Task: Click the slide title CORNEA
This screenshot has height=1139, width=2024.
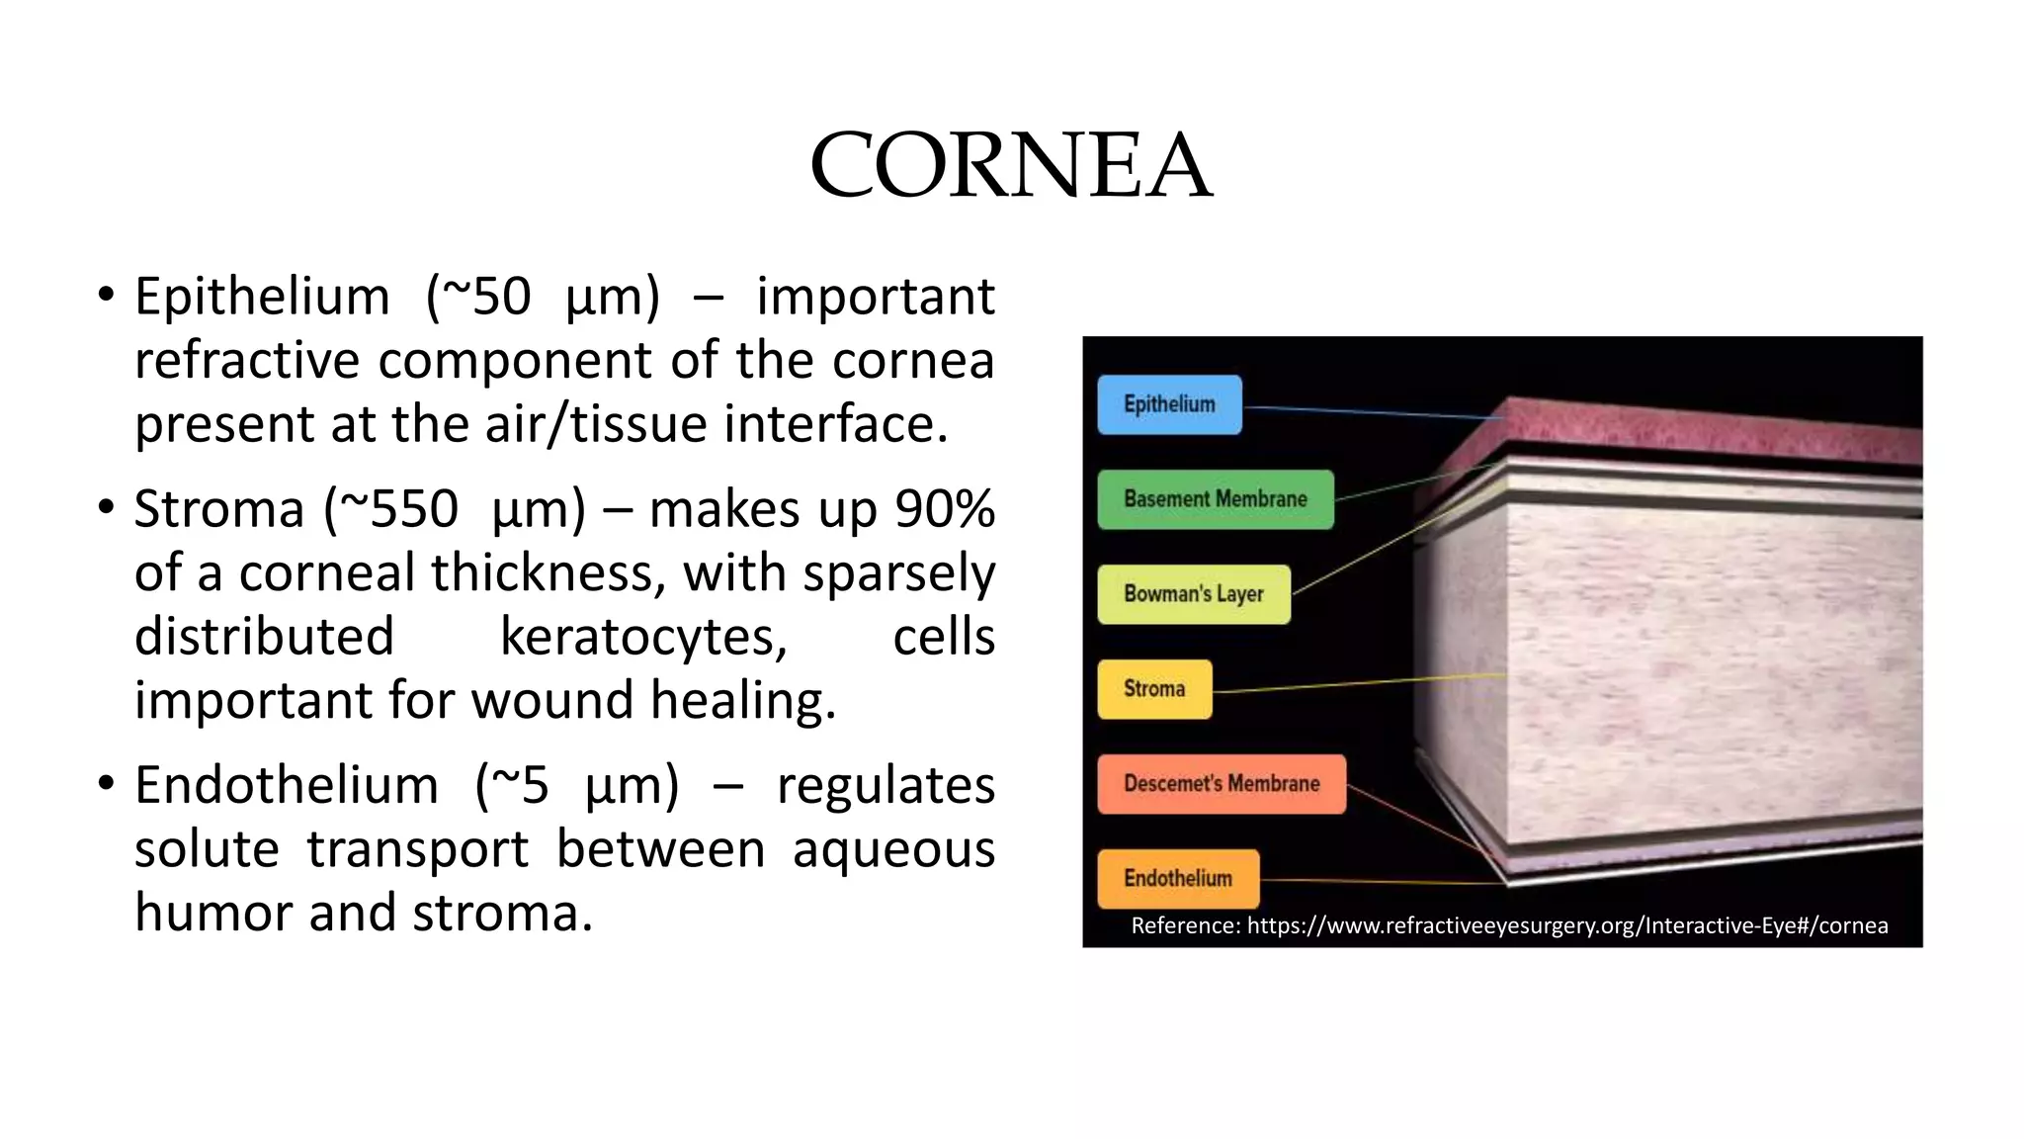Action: [x=1011, y=165]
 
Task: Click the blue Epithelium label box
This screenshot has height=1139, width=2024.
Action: [x=1169, y=404]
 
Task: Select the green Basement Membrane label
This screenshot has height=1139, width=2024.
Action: [x=1215, y=499]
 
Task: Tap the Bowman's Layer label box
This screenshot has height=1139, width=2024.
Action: [x=1194, y=594]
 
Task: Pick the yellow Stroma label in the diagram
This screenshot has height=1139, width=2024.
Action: [x=1154, y=689]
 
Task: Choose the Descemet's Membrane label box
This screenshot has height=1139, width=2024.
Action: [x=1222, y=784]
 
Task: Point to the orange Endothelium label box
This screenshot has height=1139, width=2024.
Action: [x=1178, y=879]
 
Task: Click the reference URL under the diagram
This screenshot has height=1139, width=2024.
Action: [x=1566, y=925]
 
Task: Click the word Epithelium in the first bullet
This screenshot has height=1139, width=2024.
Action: [x=262, y=297]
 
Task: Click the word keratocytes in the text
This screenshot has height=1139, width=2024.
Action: [x=643, y=637]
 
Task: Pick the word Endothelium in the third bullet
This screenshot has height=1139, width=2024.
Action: [x=286, y=786]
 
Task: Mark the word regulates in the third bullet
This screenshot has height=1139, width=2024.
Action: [x=885, y=786]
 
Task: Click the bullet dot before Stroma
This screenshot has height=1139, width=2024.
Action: [x=106, y=508]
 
